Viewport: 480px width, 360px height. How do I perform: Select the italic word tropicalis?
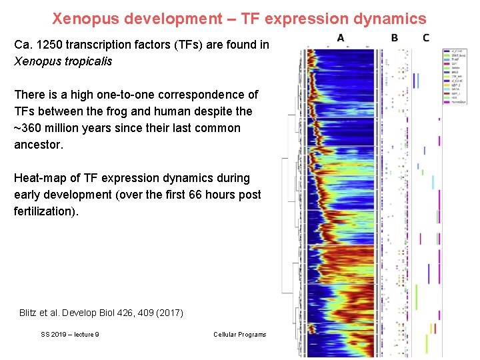tap(87, 61)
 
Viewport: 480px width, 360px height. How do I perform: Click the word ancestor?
tap(38, 144)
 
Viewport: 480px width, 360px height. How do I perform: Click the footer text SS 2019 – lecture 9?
tap(70, 335)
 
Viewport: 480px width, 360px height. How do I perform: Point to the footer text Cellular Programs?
tap(239, 335)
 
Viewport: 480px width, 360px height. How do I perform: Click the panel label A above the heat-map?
tap(341, 38)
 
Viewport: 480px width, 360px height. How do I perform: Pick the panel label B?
tap(395, 38)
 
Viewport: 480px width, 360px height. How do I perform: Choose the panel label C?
tap(426, 38)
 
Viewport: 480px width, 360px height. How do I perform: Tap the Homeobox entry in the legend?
tap(459, 103)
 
